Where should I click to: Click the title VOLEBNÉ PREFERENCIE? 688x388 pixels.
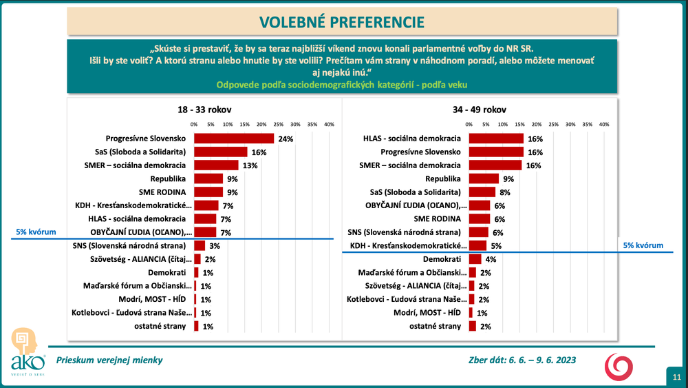[341, 21]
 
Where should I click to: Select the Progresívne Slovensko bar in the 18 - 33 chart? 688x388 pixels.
[234, 139]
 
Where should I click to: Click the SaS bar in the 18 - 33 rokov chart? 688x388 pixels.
[220, 152]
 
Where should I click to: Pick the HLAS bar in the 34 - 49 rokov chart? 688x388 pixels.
[496, 139]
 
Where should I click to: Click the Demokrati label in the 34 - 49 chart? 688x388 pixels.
[442, 259]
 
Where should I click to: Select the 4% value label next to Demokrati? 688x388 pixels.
[492, 260]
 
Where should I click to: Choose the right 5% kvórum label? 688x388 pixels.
[643, 245]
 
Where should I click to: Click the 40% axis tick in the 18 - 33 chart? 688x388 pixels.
[329, 125]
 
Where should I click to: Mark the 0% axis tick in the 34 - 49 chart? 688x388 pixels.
[469, 125]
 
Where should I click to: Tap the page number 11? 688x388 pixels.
[676, 376]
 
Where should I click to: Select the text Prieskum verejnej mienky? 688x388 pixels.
[110, 360]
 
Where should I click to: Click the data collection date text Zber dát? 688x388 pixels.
[521, 360]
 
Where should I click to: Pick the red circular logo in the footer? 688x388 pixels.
[616, 365]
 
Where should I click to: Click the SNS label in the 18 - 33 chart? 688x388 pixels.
[129, 246]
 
